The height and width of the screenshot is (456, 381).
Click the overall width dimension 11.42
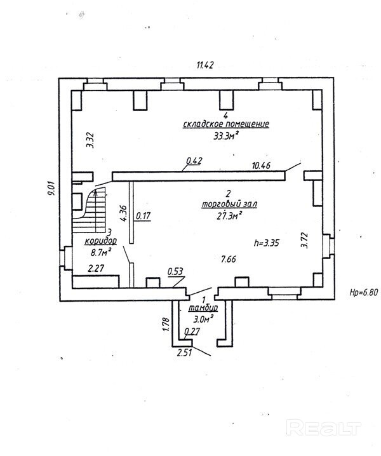click(x=205, y=65)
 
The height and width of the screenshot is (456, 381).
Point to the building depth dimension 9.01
click(x=52, y=189)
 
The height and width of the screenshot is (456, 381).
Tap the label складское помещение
click(x=226, y=124)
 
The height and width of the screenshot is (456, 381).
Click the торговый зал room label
click(x=229, y=204)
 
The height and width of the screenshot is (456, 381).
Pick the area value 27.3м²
click(x=229, y=215)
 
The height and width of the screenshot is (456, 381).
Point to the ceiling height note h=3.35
click(x=267, y=243)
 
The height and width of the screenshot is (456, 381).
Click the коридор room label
click(x=100, y=241)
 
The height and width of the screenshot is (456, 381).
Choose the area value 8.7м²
click(x=101, y=252)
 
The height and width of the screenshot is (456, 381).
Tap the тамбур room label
click(x=203, y=307)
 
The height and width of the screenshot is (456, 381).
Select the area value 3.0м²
click(x=203, y=319)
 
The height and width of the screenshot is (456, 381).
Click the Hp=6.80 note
click(x=364, y=293)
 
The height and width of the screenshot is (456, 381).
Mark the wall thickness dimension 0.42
click(x=194, y=161)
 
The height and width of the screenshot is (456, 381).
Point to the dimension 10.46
click(x=261, y=166)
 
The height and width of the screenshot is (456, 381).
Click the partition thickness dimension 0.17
click(x=144, y=216)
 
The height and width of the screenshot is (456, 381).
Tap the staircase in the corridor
click(x=90, y=210)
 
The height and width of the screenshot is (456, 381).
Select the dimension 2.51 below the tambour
click(x=184, y=352)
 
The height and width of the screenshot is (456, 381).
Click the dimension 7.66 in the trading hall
click(x=229, y=259)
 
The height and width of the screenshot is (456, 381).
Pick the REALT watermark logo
click(x=323, y=427)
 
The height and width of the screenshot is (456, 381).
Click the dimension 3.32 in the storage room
click(x=91, y=140)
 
